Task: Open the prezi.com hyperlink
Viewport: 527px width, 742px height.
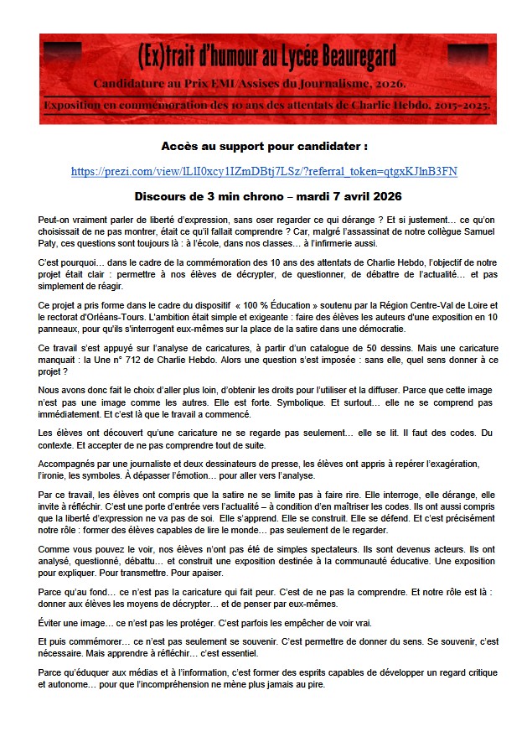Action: (x=264, y=172)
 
